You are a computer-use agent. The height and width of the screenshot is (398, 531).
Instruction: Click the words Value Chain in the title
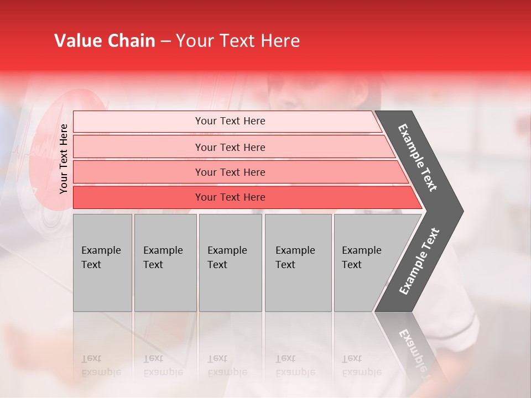[x=105, y=41]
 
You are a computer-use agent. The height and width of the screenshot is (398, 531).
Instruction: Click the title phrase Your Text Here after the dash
[x=238, y=41]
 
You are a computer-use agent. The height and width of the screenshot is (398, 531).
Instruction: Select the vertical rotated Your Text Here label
[x=64, y=159]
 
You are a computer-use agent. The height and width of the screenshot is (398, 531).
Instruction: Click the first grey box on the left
[x=102, y=263]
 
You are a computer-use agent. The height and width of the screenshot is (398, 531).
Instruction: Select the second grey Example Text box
[x=165, y=263]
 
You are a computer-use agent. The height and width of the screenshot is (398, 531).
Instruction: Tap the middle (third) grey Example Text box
[x=230, y=263]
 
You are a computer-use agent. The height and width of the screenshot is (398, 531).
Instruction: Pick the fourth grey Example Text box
[x=298, y=263]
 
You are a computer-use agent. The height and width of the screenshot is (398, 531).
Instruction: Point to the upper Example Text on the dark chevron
[x=418, y=158]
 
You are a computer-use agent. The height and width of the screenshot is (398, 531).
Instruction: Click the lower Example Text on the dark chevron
[x=419, y=261]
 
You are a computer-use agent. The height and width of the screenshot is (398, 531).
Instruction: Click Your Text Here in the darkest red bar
[x=230, y=197]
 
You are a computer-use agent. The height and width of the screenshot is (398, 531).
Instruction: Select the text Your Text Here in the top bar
[x=230, y=121]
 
